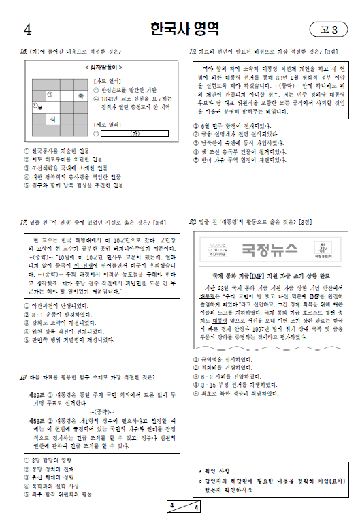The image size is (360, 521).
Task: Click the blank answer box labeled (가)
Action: coord(135,133)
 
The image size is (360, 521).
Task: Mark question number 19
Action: coord(193,51)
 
